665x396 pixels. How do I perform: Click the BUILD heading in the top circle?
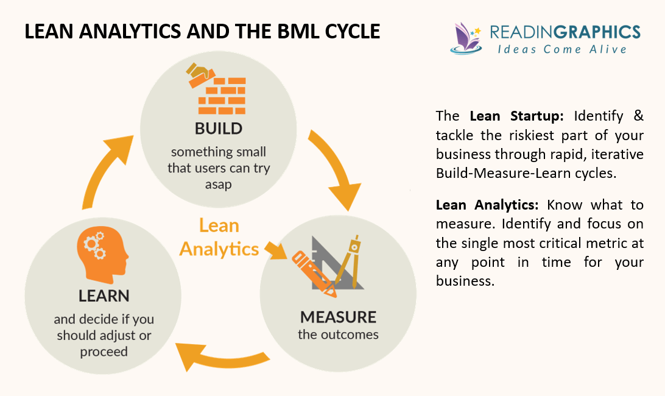tap(219, 129)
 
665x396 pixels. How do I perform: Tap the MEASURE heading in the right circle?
tap(338, 317)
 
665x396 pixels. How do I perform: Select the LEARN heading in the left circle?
tap(104, 296)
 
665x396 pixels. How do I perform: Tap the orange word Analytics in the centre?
tap(219, 249)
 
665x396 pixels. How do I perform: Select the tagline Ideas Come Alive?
tap(560, 49)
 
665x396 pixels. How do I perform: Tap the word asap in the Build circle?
tap(218, 183)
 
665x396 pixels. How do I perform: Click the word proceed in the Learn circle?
tap(104, 352)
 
